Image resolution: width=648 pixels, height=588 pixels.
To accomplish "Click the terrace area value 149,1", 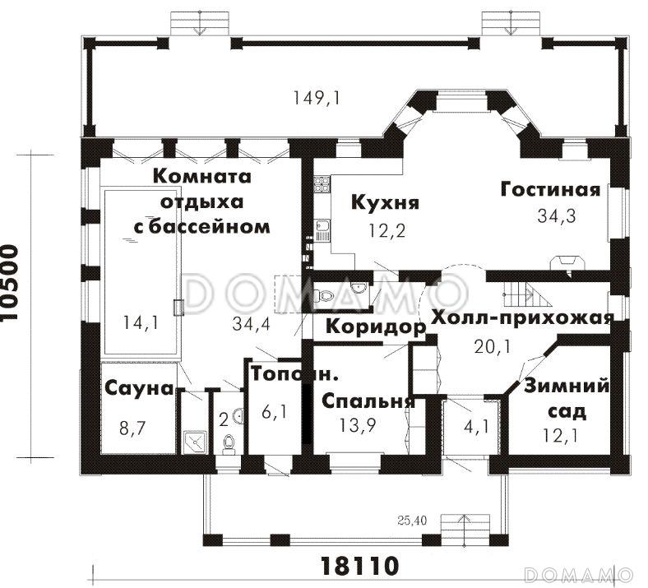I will click(x=317, y=98).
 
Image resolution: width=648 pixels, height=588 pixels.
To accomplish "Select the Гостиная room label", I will click(x=550, y=189).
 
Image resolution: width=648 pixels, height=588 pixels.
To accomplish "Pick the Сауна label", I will click(x=138, y=388).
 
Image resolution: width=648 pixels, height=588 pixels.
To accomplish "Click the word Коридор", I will click(x=375, y=326).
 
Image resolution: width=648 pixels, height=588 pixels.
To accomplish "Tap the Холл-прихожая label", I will click(x=522, y=318).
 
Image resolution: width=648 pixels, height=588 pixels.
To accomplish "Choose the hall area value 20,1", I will click(x=493, y=346).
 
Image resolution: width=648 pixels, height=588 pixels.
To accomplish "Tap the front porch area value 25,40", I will click(x=407, y=521).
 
